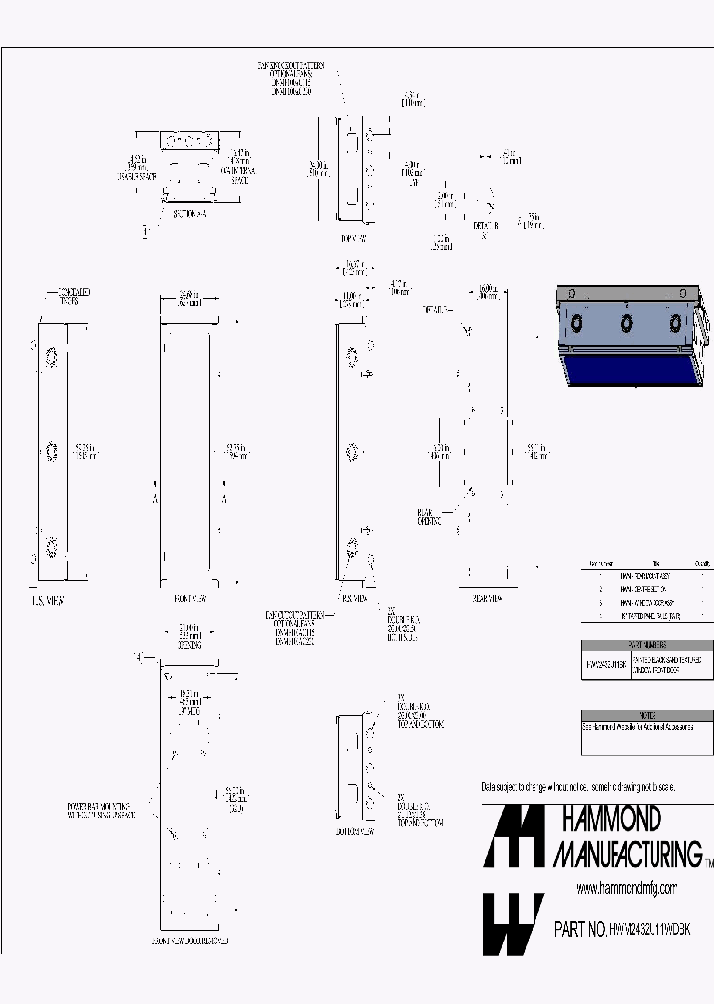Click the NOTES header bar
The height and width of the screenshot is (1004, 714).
[647, 714]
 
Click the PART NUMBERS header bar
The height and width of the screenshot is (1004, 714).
[647, 644]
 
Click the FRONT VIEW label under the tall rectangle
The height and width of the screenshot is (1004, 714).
[188, 599]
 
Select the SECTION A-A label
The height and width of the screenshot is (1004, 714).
[188, 212]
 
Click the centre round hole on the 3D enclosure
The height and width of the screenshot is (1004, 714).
[626, 323]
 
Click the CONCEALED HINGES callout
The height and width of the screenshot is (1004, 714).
[70, 295]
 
